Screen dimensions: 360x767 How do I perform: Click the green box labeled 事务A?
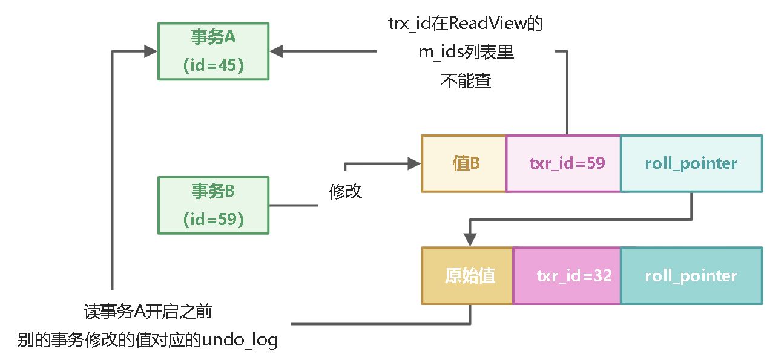213,51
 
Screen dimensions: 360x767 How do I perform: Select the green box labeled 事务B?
213,205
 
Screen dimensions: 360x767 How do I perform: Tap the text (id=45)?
213,65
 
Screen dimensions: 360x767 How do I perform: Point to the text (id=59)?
213,219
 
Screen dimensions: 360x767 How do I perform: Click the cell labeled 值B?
464,163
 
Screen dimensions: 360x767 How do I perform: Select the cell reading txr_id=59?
563,163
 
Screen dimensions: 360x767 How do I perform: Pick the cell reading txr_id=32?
567,276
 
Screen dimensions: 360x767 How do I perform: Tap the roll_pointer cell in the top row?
691,163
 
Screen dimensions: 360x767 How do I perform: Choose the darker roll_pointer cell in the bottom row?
691,276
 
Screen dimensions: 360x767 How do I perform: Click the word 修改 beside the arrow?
345,191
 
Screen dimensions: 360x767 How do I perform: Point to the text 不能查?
465,81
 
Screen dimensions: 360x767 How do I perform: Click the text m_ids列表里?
465,53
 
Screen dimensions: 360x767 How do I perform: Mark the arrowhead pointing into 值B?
415,163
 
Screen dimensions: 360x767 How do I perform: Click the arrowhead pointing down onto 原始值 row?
470,241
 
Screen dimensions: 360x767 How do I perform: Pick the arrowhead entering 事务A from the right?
277,51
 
